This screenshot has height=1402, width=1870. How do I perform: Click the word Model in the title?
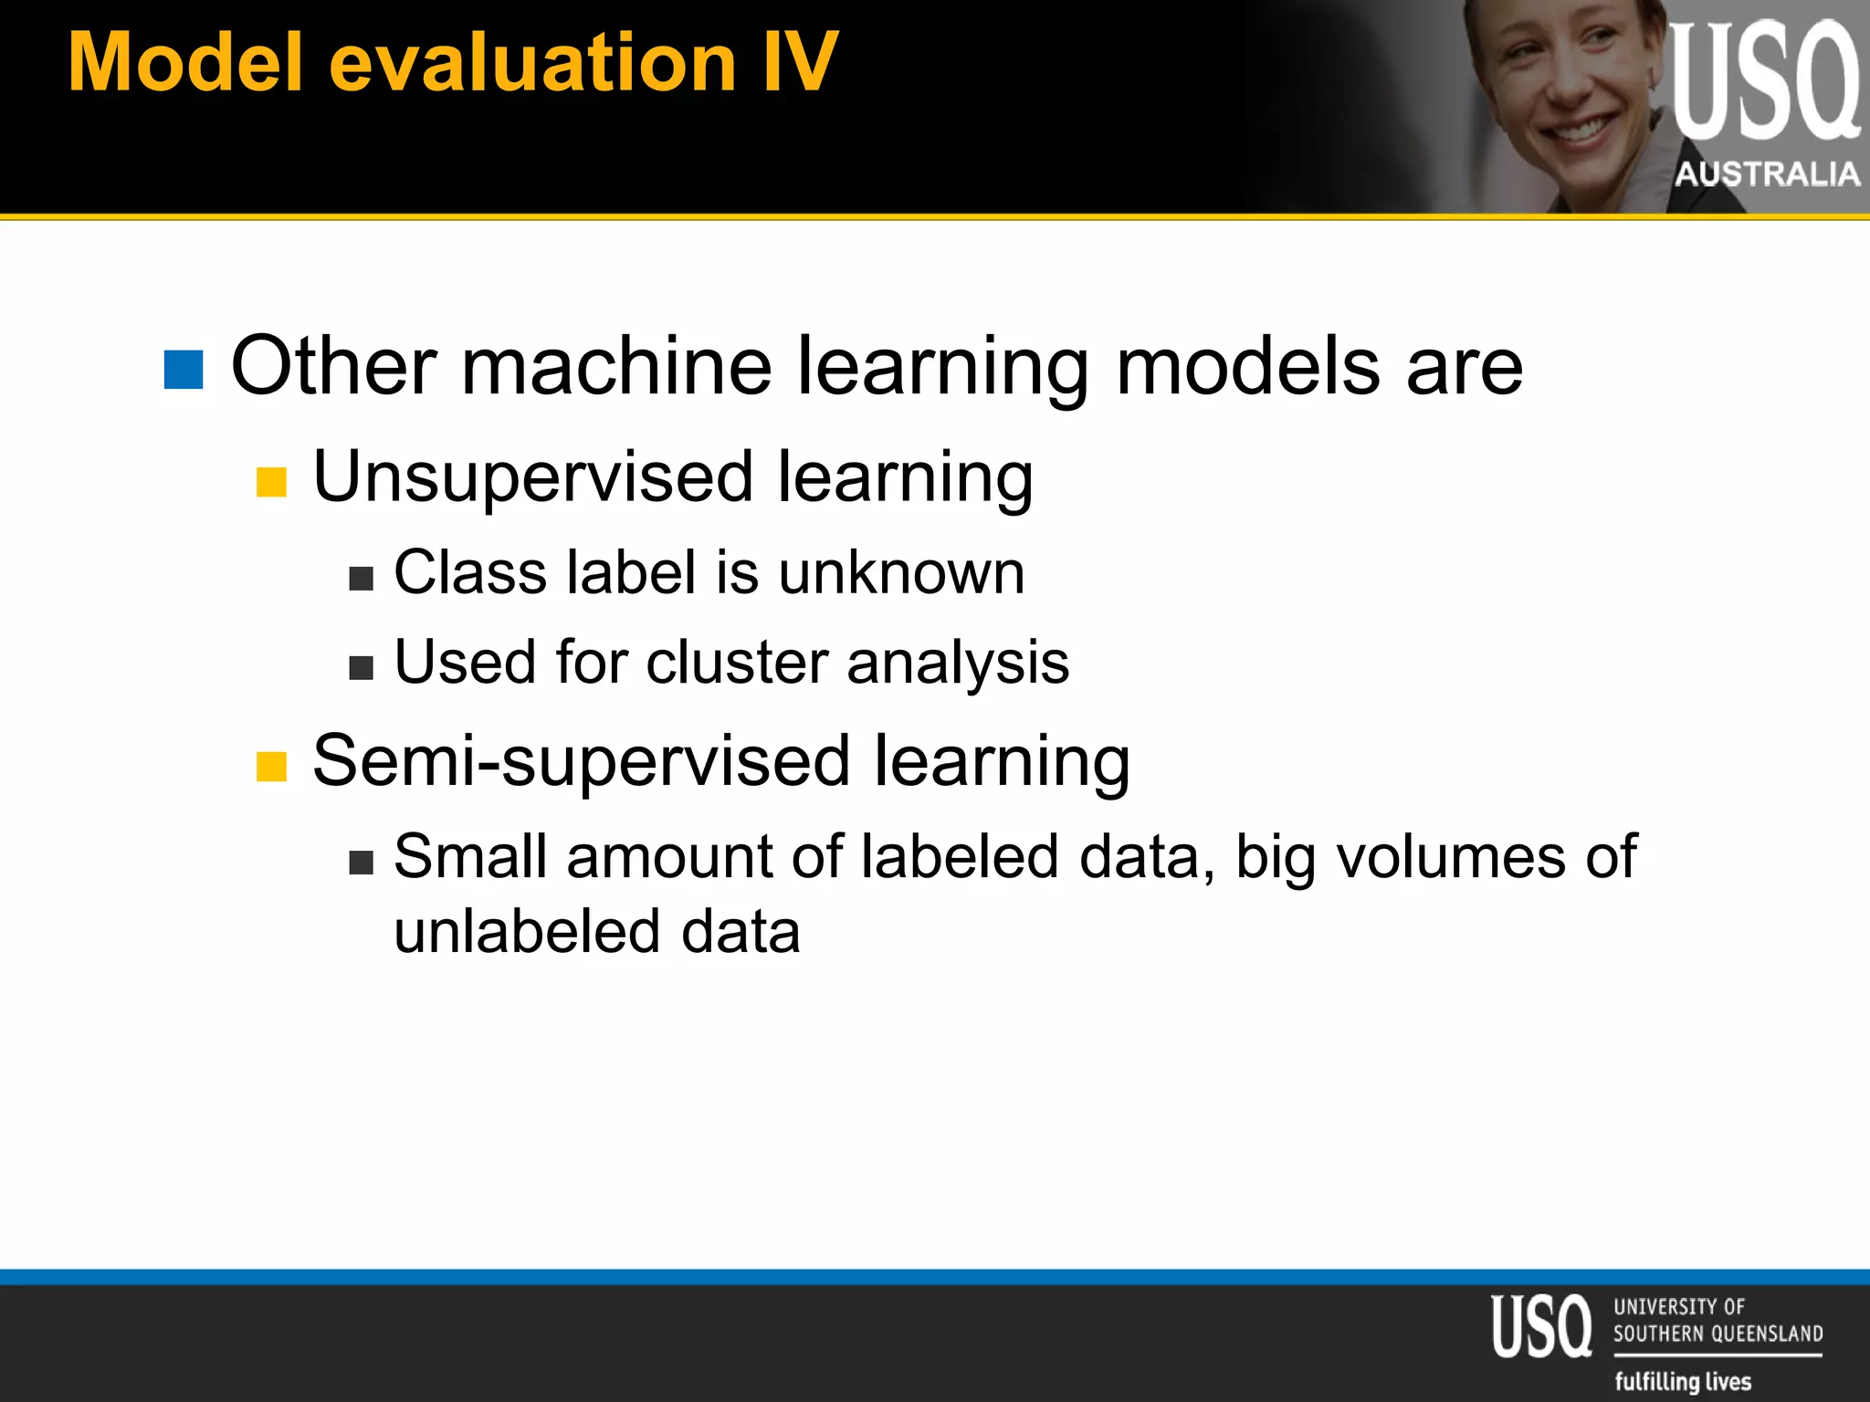click(184, 62)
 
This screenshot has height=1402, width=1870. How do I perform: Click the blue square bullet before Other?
click(184, 370)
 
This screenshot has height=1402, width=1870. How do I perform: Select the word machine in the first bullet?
click(616, 367)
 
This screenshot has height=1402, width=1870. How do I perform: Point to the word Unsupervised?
click(532, 478)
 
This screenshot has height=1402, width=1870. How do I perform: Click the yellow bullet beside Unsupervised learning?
click(271, 482)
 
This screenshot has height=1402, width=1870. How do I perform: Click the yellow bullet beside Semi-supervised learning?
click(271, 767)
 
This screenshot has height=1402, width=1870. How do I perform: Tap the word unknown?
click(901, 573)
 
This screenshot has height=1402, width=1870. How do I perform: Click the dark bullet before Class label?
click(362, 579)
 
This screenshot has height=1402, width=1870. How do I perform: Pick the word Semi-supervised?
click(581, 761)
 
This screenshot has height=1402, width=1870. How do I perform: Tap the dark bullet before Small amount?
click(362, 863)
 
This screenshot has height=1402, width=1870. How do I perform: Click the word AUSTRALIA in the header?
click(1767, 173)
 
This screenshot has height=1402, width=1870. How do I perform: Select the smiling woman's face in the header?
click(1566, 82)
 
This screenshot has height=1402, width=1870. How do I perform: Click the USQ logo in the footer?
click(1541, 1326)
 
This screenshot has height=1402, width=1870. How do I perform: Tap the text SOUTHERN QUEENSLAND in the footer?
click(1718, 1334)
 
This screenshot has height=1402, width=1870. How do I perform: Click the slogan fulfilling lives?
click(1683, 1381)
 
